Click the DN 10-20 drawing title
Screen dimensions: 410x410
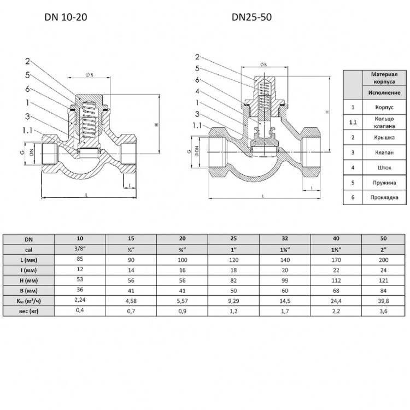pyautogui.click(x=66, y=17)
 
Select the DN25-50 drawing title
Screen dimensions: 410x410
pyautogui.click(x=251, y=17)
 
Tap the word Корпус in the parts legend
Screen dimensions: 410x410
pyautogui.click(x=384, y=107)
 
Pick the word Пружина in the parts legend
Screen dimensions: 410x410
pyautogui.click(x=384, y=183)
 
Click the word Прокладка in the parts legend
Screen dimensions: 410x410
pyautogui.click(x=384, y=197)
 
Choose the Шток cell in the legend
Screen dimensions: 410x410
pyautogui.click(x=384, y=168)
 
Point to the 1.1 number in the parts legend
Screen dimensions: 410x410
pyautogui.click(x=353, y=122)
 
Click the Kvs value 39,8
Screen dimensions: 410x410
pyautogui.click(x=383, y=301)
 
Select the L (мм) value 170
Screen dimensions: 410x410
pyautogui.click(x=336, y=260)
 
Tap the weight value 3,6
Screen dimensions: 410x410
pyautogui.click(x=383, y=311)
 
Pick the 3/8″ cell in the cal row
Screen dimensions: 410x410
pyautogui.click(x=80, y=248)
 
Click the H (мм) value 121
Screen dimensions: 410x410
pyautogui.click(x=383, y=280)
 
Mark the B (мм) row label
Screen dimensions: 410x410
pyautogui.click(x=28, y=291)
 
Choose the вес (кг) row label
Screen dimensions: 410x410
pyautogui.click(x=28, y=311)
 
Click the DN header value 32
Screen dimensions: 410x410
pyautogui.click(x=285, y=238)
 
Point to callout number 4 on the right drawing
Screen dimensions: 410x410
pyautogui.click(x=197, y=91)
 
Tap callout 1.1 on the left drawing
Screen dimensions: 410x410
pyautogui.click(x=27, y=130)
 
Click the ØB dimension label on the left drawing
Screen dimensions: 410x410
pyautogui.click(x=90, y=75)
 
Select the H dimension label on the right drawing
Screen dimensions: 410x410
pyautogui.click(x=327, y=112)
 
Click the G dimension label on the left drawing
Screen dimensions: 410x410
pyautogui.click(x=22, y=151)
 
